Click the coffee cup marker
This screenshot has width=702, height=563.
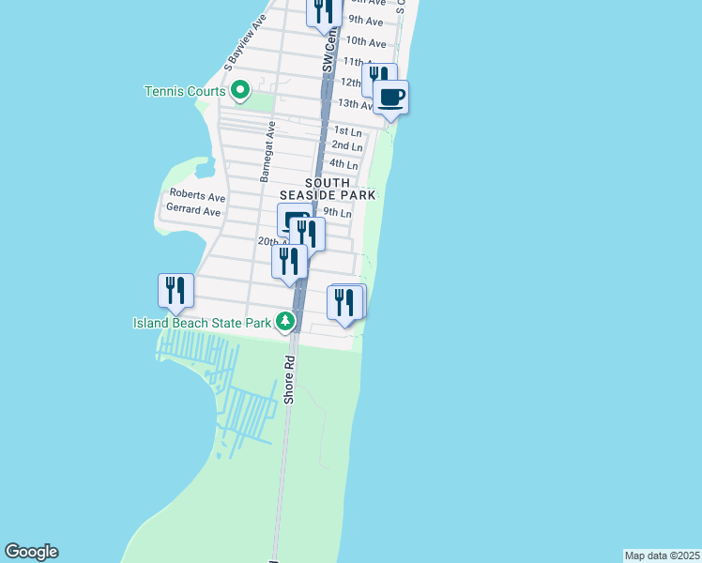390,97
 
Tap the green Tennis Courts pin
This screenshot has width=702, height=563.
240,91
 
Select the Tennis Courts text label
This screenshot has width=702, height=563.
185,91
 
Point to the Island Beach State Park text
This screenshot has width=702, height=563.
202,323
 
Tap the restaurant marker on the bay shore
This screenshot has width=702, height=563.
175,291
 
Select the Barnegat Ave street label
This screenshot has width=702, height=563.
268,151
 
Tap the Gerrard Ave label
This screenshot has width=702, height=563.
194,212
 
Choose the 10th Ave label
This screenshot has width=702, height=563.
365,42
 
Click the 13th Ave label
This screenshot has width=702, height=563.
355,103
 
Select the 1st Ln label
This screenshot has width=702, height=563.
347,131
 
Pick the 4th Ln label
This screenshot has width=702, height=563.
344,164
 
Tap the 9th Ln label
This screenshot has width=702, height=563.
337,213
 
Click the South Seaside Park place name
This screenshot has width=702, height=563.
328,189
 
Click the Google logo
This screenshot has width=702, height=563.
31,552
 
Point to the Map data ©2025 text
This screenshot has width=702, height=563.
662,555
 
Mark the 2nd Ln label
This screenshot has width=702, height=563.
347,146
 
